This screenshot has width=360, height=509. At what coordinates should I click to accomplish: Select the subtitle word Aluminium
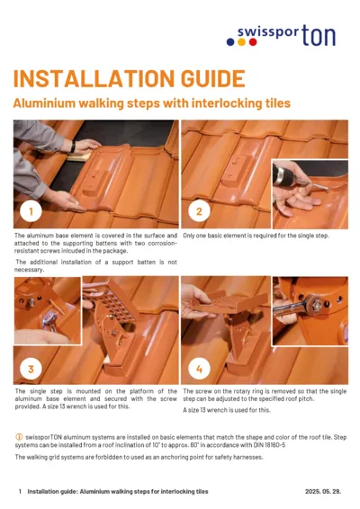44,103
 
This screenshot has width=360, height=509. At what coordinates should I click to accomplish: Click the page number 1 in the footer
20,492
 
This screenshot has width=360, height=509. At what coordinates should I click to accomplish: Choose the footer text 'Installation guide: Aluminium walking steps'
117,492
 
